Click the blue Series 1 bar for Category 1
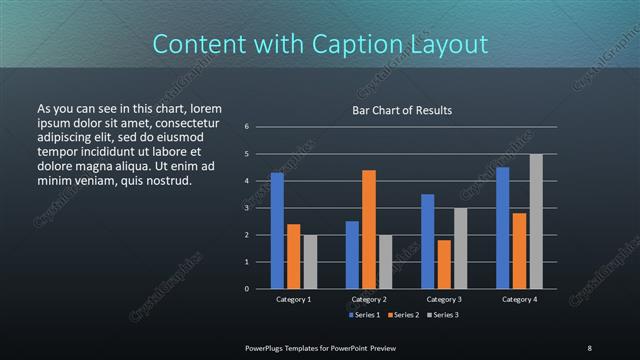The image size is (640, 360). click(x=277, y=231)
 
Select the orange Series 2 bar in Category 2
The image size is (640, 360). click(x=369, y=229)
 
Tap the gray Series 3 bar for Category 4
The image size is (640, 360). click(x=536, y=221)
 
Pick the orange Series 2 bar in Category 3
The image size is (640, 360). click(x=444, y=264)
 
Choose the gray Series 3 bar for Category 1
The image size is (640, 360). click(x=310, y=262)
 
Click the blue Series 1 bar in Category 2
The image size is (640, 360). click(x=352, y=255)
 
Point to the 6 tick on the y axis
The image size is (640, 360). click(x=246, y=127)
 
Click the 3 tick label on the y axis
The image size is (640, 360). click(x=246, y=208)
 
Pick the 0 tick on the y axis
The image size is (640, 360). click(x=246, y=289)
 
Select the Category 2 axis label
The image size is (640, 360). click(x=369, y=299)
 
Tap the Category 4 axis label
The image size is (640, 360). click(x=519, y=299)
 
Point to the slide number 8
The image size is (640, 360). click(x=590, y=347)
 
